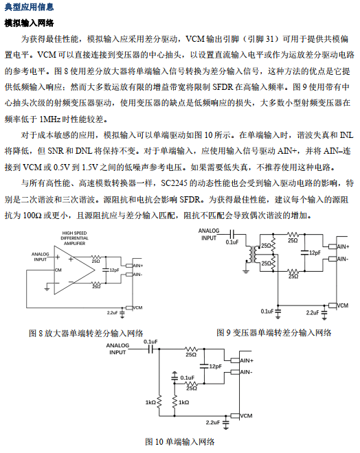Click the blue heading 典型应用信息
(30, 7)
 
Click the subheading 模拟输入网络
(30, 23)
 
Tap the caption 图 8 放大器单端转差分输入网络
(86, 333)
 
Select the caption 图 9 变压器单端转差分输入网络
(274, 332)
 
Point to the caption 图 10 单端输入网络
(180, 442)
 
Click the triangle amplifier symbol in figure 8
(74, 270)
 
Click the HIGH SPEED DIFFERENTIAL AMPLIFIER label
(74, 238)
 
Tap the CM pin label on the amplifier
(58, 270)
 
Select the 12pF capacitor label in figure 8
(114, 270)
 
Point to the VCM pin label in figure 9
(343, 305)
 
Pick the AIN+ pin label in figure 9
(343, 246)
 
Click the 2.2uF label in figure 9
(313, 312)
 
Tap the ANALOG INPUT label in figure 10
(117, 349)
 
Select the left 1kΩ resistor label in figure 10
(150, 402)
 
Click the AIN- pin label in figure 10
(246, 372)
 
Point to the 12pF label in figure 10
(216, 367)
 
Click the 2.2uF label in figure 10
(213, 422)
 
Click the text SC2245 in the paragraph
(174, 183)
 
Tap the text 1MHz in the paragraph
(49, 119)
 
